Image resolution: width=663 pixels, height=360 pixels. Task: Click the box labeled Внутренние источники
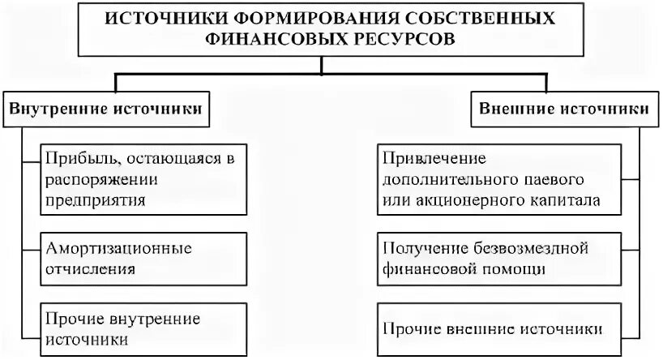click(105, 108)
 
